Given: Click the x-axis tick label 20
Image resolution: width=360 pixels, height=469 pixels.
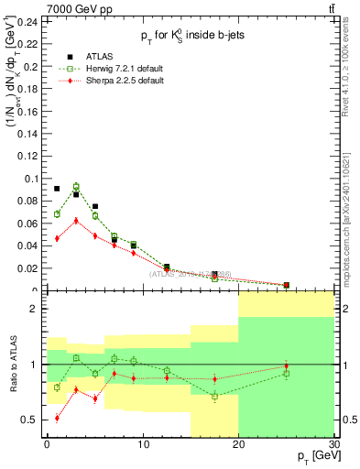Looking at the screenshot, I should pyautogui.click(x=238, y=443).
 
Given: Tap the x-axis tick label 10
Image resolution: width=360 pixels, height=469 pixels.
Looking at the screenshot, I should pyautogui.click(x=142, y=443).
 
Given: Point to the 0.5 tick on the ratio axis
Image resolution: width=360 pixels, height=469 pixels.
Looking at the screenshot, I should pyautogui.click(x=32, y=420).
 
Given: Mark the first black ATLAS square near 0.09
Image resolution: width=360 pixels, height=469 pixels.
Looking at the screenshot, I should pyautogui.click(x=57, y=189).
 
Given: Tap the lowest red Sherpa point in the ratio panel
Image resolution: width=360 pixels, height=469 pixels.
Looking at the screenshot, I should pyautogui.click(x=57, y=418).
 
